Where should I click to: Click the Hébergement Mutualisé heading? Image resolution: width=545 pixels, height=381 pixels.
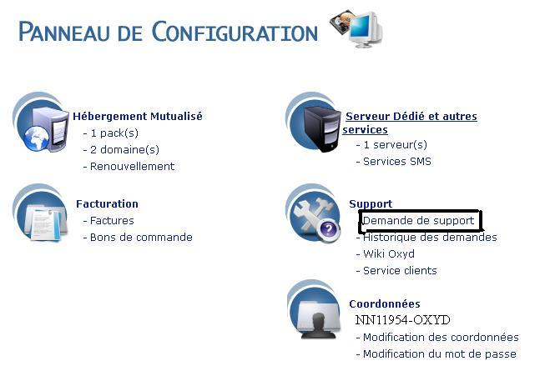click(x=137, y=117)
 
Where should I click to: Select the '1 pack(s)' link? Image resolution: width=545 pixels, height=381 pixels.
click(x=114, y=133)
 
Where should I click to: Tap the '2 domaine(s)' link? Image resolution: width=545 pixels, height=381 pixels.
click(x=124, y=150)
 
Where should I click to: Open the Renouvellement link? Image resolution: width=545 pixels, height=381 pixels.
click(x=132, y=167)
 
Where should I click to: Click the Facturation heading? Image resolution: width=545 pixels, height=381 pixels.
click(x=107, y=204)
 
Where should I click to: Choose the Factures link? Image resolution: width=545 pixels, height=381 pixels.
click(x=112, y=221)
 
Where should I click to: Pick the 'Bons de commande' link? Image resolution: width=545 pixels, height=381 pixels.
click(x=141, y=238)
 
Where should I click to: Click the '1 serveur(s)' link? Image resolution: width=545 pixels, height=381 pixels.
click(x=396, y=145)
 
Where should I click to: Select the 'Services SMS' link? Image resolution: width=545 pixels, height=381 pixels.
click(x=397, y=162)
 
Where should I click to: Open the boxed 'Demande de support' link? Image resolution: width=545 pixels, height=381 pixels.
click(x=418, y=221)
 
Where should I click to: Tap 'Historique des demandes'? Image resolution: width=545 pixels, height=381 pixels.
click(x=430, y=238)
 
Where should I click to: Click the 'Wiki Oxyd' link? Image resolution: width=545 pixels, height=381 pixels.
click(x=389, y=254)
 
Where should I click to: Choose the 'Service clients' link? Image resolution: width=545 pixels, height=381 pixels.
click(x=400, y=271)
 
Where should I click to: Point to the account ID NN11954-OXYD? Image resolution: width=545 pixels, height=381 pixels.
click(x=402, y=320)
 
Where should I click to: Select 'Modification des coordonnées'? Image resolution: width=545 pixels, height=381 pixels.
click(x=441, y=338)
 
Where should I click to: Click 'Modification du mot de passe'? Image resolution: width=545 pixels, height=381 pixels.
click(x=439, y=354)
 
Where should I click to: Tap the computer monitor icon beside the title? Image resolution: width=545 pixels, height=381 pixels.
click(x=366, y=29)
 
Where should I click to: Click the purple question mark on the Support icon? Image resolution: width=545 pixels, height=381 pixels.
click(x=329, y=229)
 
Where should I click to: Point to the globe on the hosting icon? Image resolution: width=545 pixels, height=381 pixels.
click(x=37, y=138)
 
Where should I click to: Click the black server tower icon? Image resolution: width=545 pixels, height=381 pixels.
click(x=322, y=128)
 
